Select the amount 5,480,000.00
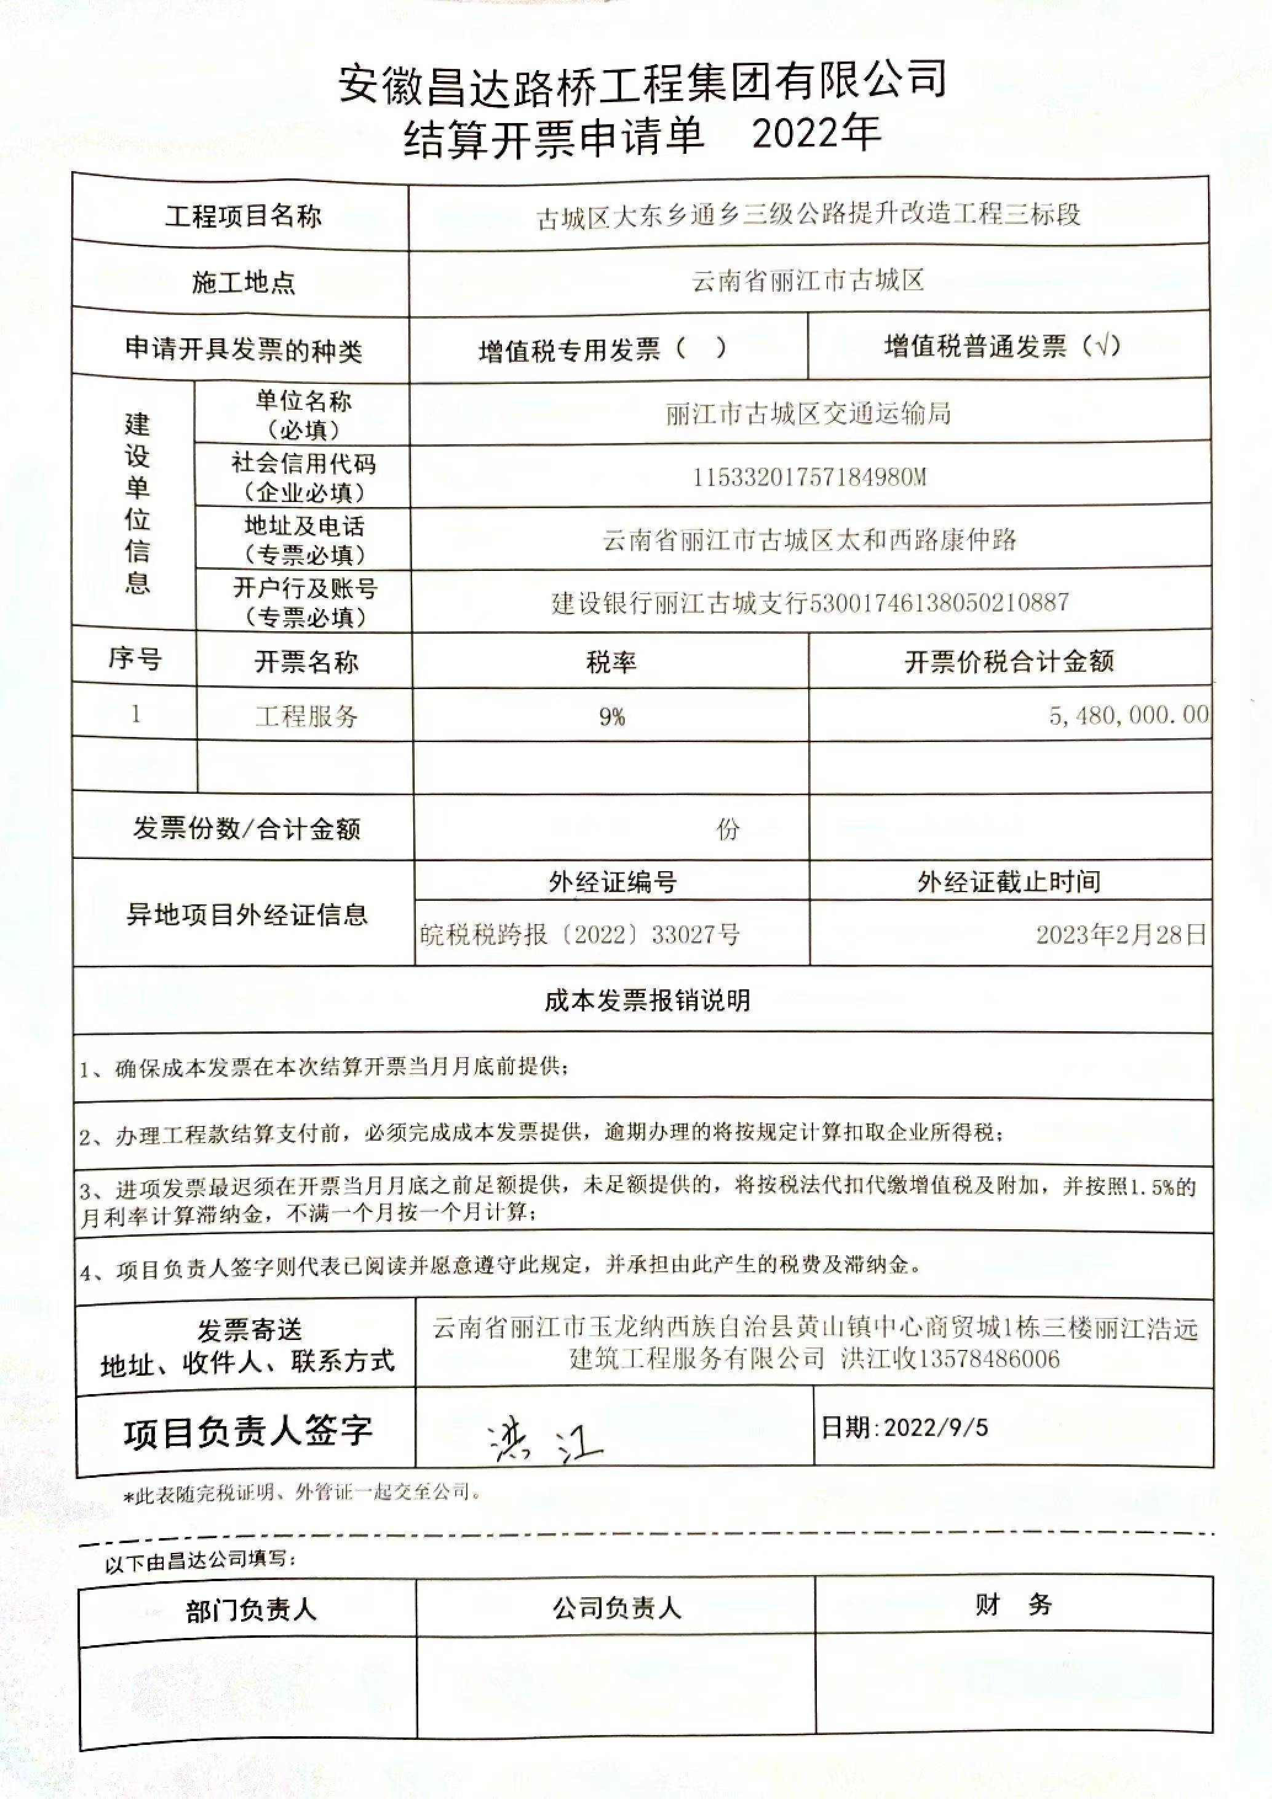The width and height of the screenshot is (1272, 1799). click(1128, 714)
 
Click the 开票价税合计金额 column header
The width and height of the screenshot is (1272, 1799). click(1009, 662)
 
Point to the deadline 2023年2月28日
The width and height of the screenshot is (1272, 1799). click(1120, 935)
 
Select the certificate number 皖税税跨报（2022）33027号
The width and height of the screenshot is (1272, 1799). click(579, 935)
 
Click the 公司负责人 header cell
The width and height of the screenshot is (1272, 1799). click(616, 1608)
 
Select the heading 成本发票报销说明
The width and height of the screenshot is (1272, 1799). click(647, 1000)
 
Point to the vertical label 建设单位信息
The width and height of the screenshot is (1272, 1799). click(137, 503)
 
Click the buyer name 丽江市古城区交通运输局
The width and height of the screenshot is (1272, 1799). click(808, 413)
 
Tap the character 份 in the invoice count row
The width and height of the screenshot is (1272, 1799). click(728, 828)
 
